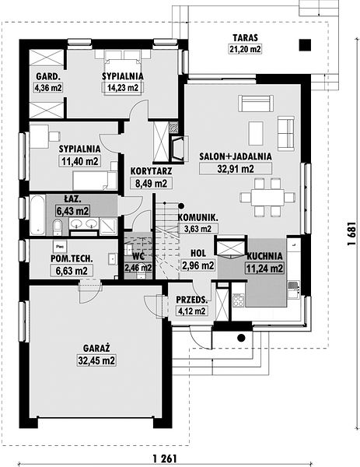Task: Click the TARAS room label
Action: pos(245,38)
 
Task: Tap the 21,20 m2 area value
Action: pos(245,49)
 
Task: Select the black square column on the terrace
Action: pos(305,45)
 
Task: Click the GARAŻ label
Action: pos(96,348)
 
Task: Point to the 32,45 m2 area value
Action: pos(96,360)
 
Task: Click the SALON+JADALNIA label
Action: pos(236,156)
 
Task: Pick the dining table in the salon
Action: pos(267,197)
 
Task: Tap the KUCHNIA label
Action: pos(264,256)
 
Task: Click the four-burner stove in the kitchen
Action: pos(238,300)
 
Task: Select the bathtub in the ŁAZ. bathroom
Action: pos(37,215)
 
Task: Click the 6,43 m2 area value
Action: pos(72,211)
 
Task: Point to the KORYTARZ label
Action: pos(151,171)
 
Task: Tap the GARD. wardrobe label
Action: pos(48,76)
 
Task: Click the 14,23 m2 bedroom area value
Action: pos(123,87)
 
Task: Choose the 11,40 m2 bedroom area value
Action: pos(80,161)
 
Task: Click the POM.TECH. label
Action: pos(72,258)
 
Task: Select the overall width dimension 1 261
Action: pos(165,458)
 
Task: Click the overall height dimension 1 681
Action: pos(351,233)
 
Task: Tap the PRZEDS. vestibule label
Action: pos(191,300)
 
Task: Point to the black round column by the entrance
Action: pos(241,338)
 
